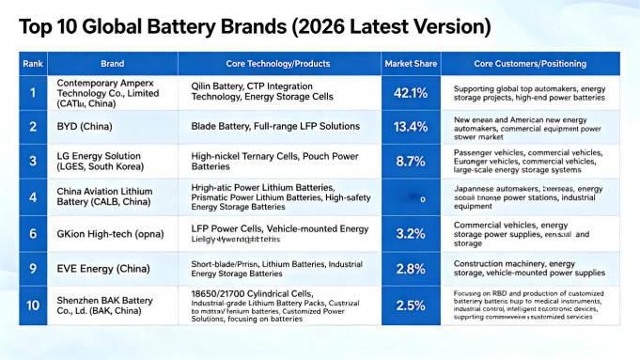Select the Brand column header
[x=112, y=64]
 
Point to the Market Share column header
[x=412, y=64]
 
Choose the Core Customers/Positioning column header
[x=529, y=64]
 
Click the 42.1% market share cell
[x=412, y=93]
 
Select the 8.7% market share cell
[x=412, y=162]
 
